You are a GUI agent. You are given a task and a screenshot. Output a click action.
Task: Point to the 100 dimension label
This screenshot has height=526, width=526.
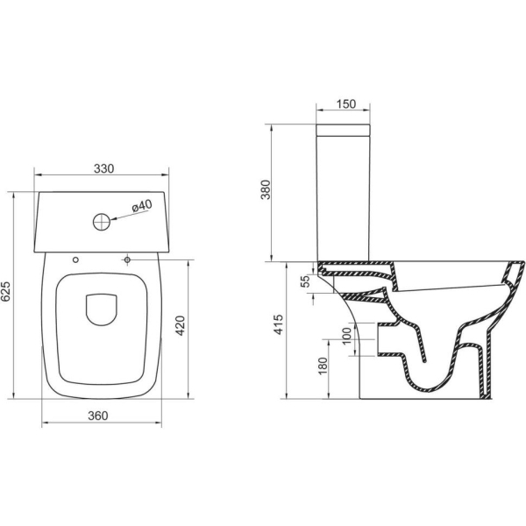click(x=346, y=335)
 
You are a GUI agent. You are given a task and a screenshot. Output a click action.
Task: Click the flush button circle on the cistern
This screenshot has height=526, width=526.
click(x=102, y=220)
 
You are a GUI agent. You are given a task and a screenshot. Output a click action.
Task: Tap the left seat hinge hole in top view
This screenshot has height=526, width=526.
click(x=75, y=260)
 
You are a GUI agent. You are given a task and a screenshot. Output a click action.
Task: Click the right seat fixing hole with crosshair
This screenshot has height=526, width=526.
click(x=128, y=260)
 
